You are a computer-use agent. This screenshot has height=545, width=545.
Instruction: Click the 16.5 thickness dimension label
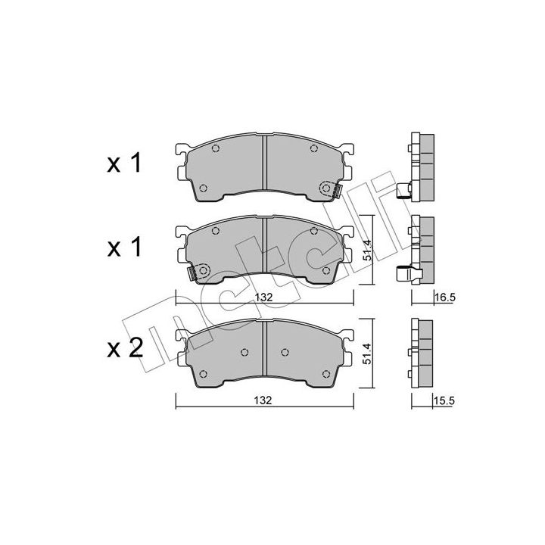pyautogui.click(x=445, y=297)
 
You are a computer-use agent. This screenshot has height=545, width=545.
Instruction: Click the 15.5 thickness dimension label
pyautogui.click(x=444, y=400)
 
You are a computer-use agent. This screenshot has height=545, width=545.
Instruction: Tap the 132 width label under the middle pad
pyautogui.click(x=263, y=297)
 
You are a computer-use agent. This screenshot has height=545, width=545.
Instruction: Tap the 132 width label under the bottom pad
pyautogui.click(x=263, y=400)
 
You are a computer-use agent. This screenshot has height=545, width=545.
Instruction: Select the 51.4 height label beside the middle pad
pyautogui.click(x=367, y=250)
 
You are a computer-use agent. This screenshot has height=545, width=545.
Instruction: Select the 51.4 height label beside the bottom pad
pyautogui.click(x=367, y=353)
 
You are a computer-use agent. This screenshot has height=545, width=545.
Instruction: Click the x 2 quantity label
pyautogui.click(x=125, y=348)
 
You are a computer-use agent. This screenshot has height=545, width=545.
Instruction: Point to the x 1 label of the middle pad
pyautogui.click(x=124, y=247)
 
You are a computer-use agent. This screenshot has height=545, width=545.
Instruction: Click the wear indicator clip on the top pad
pyautogui.click(x=336, y=192)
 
